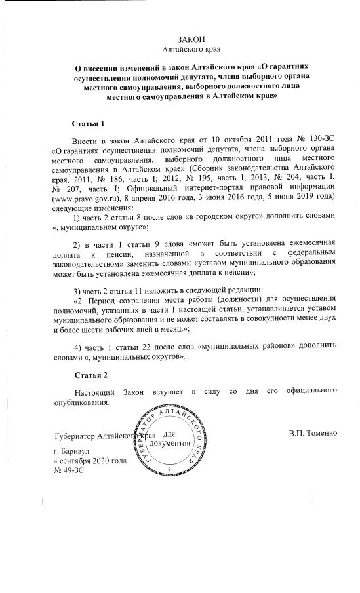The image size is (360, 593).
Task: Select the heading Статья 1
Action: click(x=88, y=124)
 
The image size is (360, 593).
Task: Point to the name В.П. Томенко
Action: click(x=313, y=433)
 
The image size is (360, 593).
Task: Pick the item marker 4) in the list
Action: click(x=78, y=346)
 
